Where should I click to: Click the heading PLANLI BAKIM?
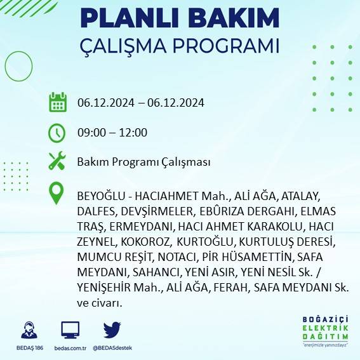click(180, 18)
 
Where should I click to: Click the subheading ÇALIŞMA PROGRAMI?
click(180, 47)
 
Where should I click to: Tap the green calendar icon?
click(58, 102)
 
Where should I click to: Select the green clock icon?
click(57, 133)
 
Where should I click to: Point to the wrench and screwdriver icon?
click(57, 161)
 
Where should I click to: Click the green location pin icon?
click(57, 194)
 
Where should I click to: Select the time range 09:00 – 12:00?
click(112, 133)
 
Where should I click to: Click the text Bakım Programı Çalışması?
click(143, 162)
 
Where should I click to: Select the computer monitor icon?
click(70, 330)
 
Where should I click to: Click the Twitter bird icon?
click(112, 330)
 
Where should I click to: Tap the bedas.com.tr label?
click(70, 348)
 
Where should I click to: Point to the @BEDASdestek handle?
click(112, 348)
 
